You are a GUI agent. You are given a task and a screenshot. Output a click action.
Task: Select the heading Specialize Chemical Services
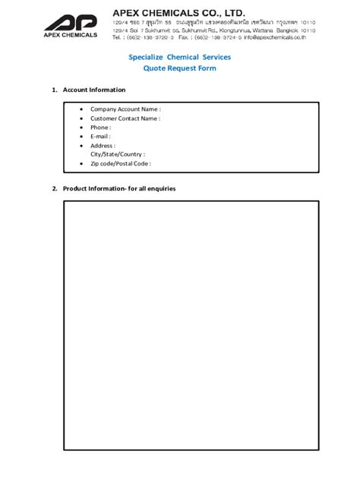pos(180,57)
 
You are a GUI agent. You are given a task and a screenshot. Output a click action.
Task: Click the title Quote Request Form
pos(180,68)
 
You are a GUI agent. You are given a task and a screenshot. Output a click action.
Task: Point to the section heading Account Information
pos(94,90)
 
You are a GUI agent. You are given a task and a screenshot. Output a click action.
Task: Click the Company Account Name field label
pos(125,109)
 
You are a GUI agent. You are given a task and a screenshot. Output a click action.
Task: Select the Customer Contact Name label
pos(125,118)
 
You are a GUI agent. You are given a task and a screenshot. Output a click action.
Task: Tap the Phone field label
pos(100,127)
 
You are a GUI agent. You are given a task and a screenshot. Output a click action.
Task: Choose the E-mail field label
pos(101,137)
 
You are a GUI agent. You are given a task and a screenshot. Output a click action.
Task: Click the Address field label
pos(103,146)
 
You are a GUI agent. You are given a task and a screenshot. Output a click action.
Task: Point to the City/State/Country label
pos(117,154)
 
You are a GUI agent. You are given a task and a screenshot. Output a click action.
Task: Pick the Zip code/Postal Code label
pos(120,163)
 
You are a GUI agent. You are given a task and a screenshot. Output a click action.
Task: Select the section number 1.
pos(54,90)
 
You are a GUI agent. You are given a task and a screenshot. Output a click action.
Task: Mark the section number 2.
pos(54,188)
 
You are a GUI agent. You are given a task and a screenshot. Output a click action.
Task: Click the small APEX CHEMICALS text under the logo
pos(71,35)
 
